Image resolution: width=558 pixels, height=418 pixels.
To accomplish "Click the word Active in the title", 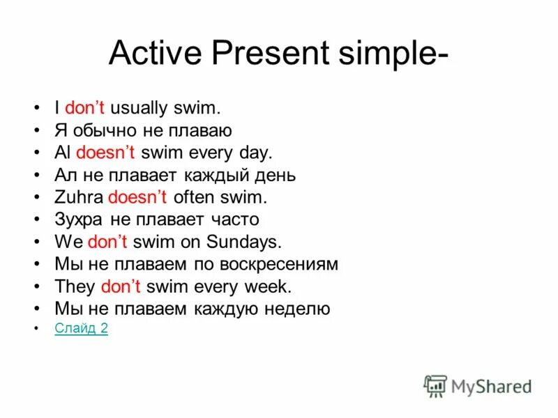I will (x=154, y=54).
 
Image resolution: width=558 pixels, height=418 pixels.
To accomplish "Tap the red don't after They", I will (x=121, y=286).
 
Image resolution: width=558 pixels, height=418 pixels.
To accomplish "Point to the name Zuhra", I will (x=78, y=197).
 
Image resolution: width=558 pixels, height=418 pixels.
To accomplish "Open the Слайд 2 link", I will (x=81, y=328).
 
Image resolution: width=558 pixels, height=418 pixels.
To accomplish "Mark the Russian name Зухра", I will (x=79, y=219).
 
